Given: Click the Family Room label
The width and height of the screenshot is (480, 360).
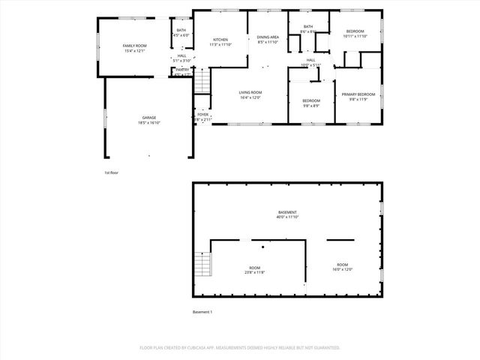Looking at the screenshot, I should pos(135,48).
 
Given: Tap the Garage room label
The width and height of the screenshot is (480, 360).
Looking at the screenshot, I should pos(150,120).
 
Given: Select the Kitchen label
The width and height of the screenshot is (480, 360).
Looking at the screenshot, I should pos(220,42).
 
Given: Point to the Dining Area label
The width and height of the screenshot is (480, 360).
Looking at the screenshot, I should pos(268,39).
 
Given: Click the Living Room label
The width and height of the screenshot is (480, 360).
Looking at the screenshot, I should pos(250,94).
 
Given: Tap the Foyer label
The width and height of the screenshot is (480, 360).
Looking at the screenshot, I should pos(202,117).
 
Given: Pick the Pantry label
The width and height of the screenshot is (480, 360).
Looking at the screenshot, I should pos(182,72).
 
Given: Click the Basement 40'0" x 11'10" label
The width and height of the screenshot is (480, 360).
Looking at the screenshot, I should pos(287,214).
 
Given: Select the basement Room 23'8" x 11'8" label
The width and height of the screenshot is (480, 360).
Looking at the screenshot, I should pos(255,270).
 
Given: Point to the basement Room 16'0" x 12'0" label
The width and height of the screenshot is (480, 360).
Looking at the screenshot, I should pos(342,267).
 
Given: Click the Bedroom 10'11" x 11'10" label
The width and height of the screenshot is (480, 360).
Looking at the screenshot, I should pos(354,34).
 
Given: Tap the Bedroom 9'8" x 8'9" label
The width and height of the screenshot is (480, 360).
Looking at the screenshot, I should pos(311,103).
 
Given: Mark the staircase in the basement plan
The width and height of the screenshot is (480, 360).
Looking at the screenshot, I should pos(202,265).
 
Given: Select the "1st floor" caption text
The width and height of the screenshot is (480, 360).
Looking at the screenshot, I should pos(112,172).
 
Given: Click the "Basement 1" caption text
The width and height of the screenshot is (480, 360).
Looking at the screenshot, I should pos(202,312).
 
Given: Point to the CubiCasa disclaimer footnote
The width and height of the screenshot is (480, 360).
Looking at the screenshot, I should pos(240,348).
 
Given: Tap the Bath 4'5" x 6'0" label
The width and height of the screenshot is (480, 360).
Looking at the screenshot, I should pos(181,32).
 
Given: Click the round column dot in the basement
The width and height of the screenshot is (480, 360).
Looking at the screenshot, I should pos(262,246).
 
